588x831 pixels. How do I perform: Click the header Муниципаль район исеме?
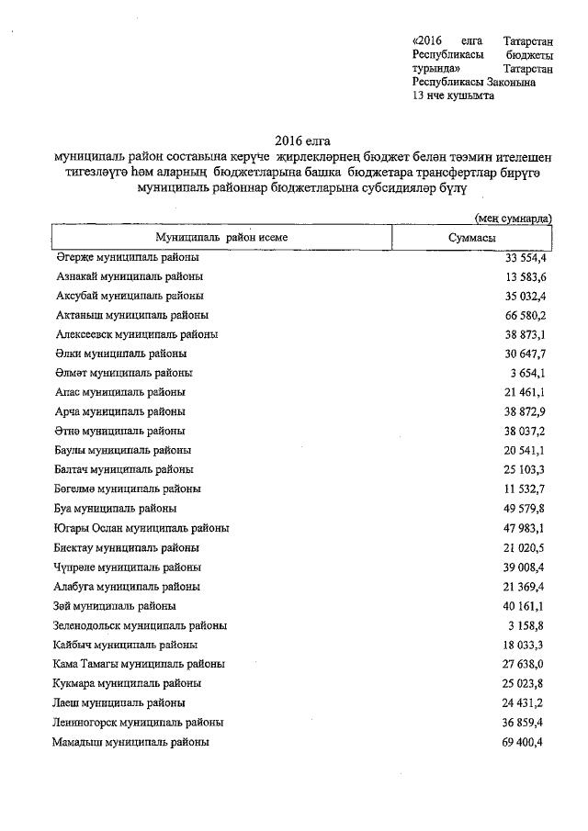[x=220, y=237]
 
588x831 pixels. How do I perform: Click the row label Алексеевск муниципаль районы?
[x=137, y=334]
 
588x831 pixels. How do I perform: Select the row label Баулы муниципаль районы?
[x=123, y=450]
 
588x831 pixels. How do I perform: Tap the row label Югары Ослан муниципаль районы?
[x=142, y=528]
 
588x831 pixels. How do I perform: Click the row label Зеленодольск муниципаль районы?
[x=141, y=625]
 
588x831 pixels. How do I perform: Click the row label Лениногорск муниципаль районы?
[x=138, y=723]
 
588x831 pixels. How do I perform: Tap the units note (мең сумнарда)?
[x=513, y=219]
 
